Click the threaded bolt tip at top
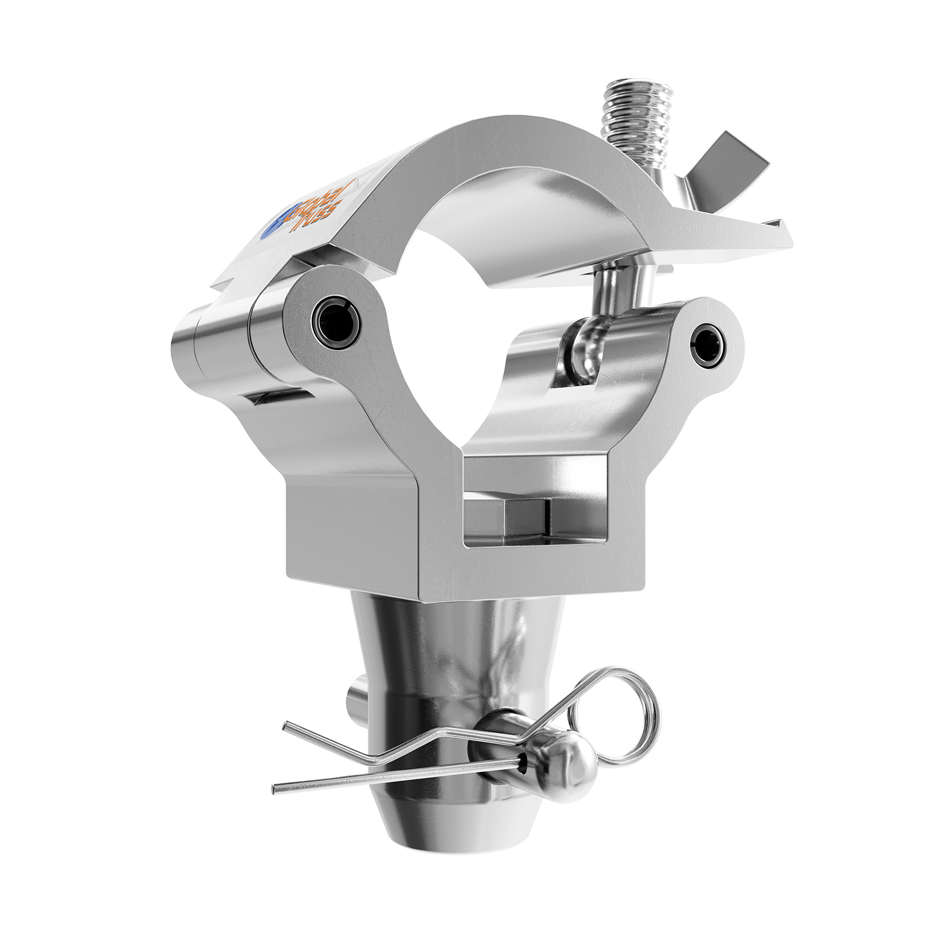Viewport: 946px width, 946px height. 637,95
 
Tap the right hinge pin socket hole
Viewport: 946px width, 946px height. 708,345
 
